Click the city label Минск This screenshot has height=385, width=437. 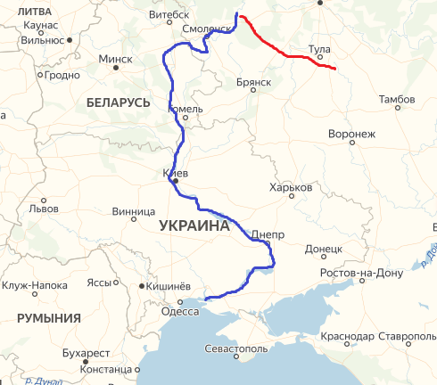[x=115, y=59]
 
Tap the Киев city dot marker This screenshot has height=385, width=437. [x=176, y=181]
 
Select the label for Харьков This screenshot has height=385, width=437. [x=291, y=189]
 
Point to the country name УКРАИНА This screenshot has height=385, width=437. [x=194, y=226]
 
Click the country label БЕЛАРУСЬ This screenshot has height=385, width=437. [x=118, y=103]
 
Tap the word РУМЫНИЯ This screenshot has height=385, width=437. [x=48, y=317]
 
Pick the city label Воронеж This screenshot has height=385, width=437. [x=351, y=135]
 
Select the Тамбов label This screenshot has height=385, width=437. [x=397, y=100]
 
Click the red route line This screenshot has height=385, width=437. [x=284, y=48]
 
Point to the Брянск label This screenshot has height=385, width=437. [x=254, y=82]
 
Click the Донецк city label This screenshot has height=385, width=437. [x=324, y=249]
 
